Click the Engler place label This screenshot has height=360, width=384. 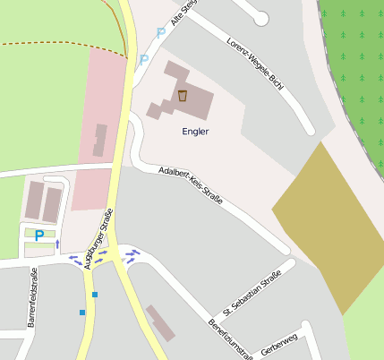tap(195, 131)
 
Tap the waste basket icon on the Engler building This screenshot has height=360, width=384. tap(183, 96)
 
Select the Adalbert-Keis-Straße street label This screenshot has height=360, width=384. tap(190, 185)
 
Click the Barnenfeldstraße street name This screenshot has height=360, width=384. tap(31, 297)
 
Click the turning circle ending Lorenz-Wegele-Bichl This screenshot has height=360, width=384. tap(260, 18)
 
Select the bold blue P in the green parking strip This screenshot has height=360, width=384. tap(38, 235)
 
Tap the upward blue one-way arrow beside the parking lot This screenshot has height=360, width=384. tap(58, 243)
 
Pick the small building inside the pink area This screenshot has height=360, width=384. tap(99, 141)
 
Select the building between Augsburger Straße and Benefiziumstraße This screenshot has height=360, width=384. tap(162, 322)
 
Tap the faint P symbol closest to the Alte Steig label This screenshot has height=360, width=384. tap(161, 33)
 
